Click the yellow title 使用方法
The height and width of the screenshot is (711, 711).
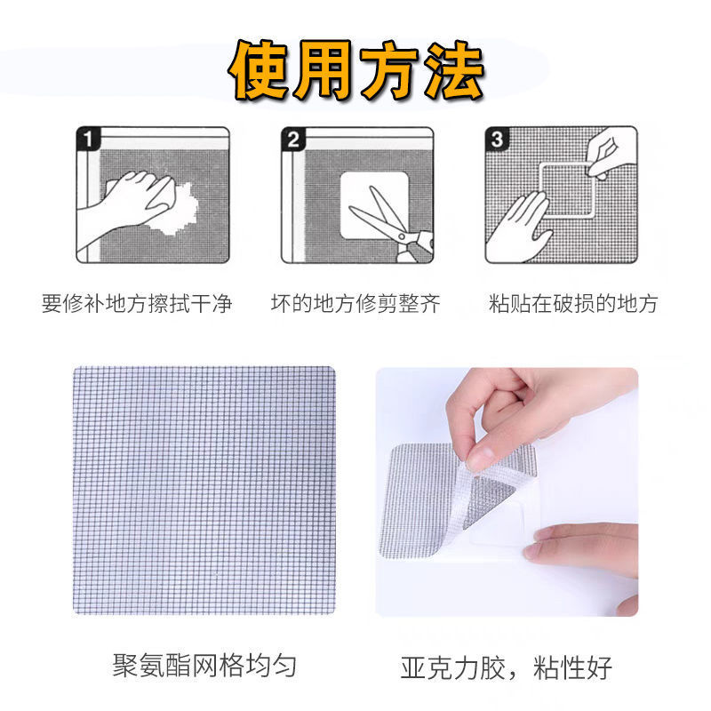click(357, 70)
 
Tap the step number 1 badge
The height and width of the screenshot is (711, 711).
click(88, 139)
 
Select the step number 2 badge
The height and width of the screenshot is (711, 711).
click(293, 139)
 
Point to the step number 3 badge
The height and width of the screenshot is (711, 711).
click(497, 139)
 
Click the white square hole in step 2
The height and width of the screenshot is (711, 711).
click(374, 205)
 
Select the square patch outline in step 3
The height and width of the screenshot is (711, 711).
click(567, 189)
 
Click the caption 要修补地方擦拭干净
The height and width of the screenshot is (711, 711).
click(137, 303)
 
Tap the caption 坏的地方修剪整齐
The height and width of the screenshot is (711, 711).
click(356, 303)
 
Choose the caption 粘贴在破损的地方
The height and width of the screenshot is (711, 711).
click(573, 303)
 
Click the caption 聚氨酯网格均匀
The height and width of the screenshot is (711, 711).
click(204, 666)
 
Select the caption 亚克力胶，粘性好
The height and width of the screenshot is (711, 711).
click(506, 667)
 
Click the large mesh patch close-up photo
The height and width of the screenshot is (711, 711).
click(204, 491)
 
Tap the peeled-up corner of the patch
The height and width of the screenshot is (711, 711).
click(490, 494)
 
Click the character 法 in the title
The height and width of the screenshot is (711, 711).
click(455, 70)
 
